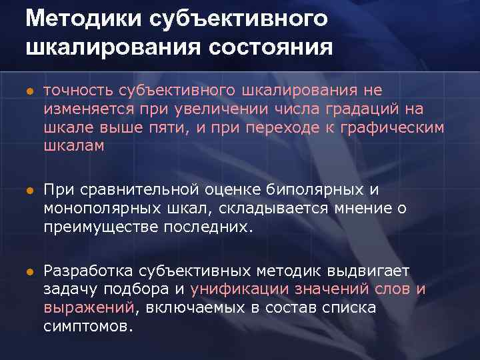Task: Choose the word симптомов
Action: (88, 327)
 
